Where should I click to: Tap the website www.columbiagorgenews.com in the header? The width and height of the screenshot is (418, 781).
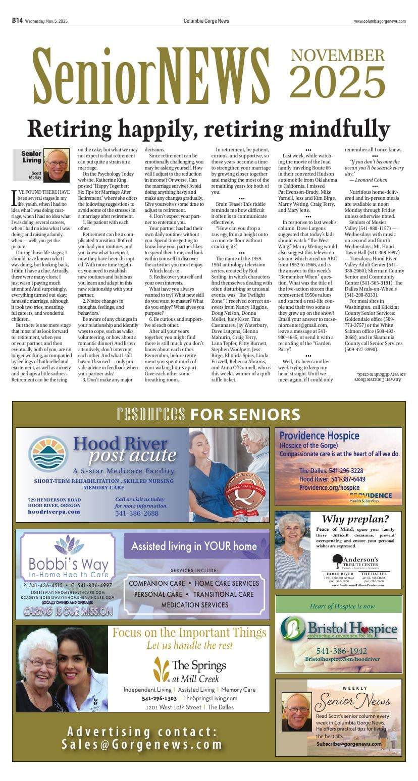[380, 21]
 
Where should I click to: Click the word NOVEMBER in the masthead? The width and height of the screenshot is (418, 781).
[337, 55]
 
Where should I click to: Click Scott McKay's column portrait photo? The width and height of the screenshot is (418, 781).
[56, 165]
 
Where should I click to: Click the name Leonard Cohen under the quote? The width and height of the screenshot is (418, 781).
[368, 180]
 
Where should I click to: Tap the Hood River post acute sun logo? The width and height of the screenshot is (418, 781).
[48, 454]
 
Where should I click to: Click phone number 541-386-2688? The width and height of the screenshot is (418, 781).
[136, 514]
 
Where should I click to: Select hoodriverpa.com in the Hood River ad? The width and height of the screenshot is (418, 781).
[54, 512]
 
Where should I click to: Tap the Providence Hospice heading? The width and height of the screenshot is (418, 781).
[319, 435]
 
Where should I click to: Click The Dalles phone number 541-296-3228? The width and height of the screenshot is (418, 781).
[331, 471]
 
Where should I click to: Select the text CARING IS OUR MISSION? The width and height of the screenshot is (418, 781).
[68, 611]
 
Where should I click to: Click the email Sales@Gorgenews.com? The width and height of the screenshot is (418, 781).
[142, 745]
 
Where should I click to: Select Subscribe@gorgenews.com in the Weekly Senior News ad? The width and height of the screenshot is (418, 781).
[349, 744]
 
